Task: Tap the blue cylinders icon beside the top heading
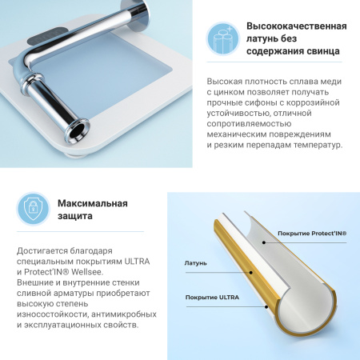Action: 224,38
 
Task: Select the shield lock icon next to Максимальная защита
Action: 34,210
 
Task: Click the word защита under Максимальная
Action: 75,217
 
